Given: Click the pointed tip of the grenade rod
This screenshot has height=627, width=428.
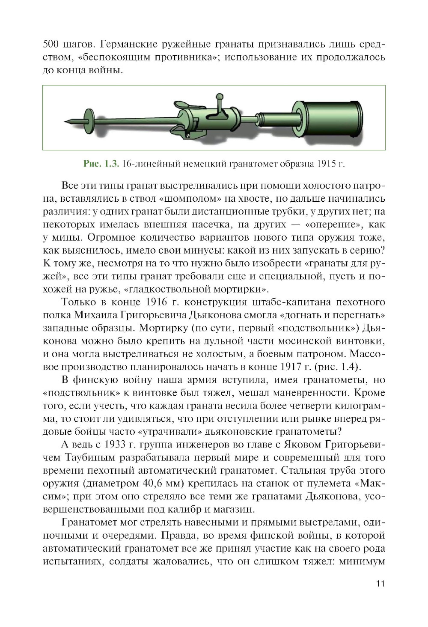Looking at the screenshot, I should [65, 122].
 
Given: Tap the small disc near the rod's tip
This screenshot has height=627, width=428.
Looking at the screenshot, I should [89, 119].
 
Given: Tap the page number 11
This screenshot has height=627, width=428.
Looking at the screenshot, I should [380, 584].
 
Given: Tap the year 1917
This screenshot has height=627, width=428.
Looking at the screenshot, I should [291, 367].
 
